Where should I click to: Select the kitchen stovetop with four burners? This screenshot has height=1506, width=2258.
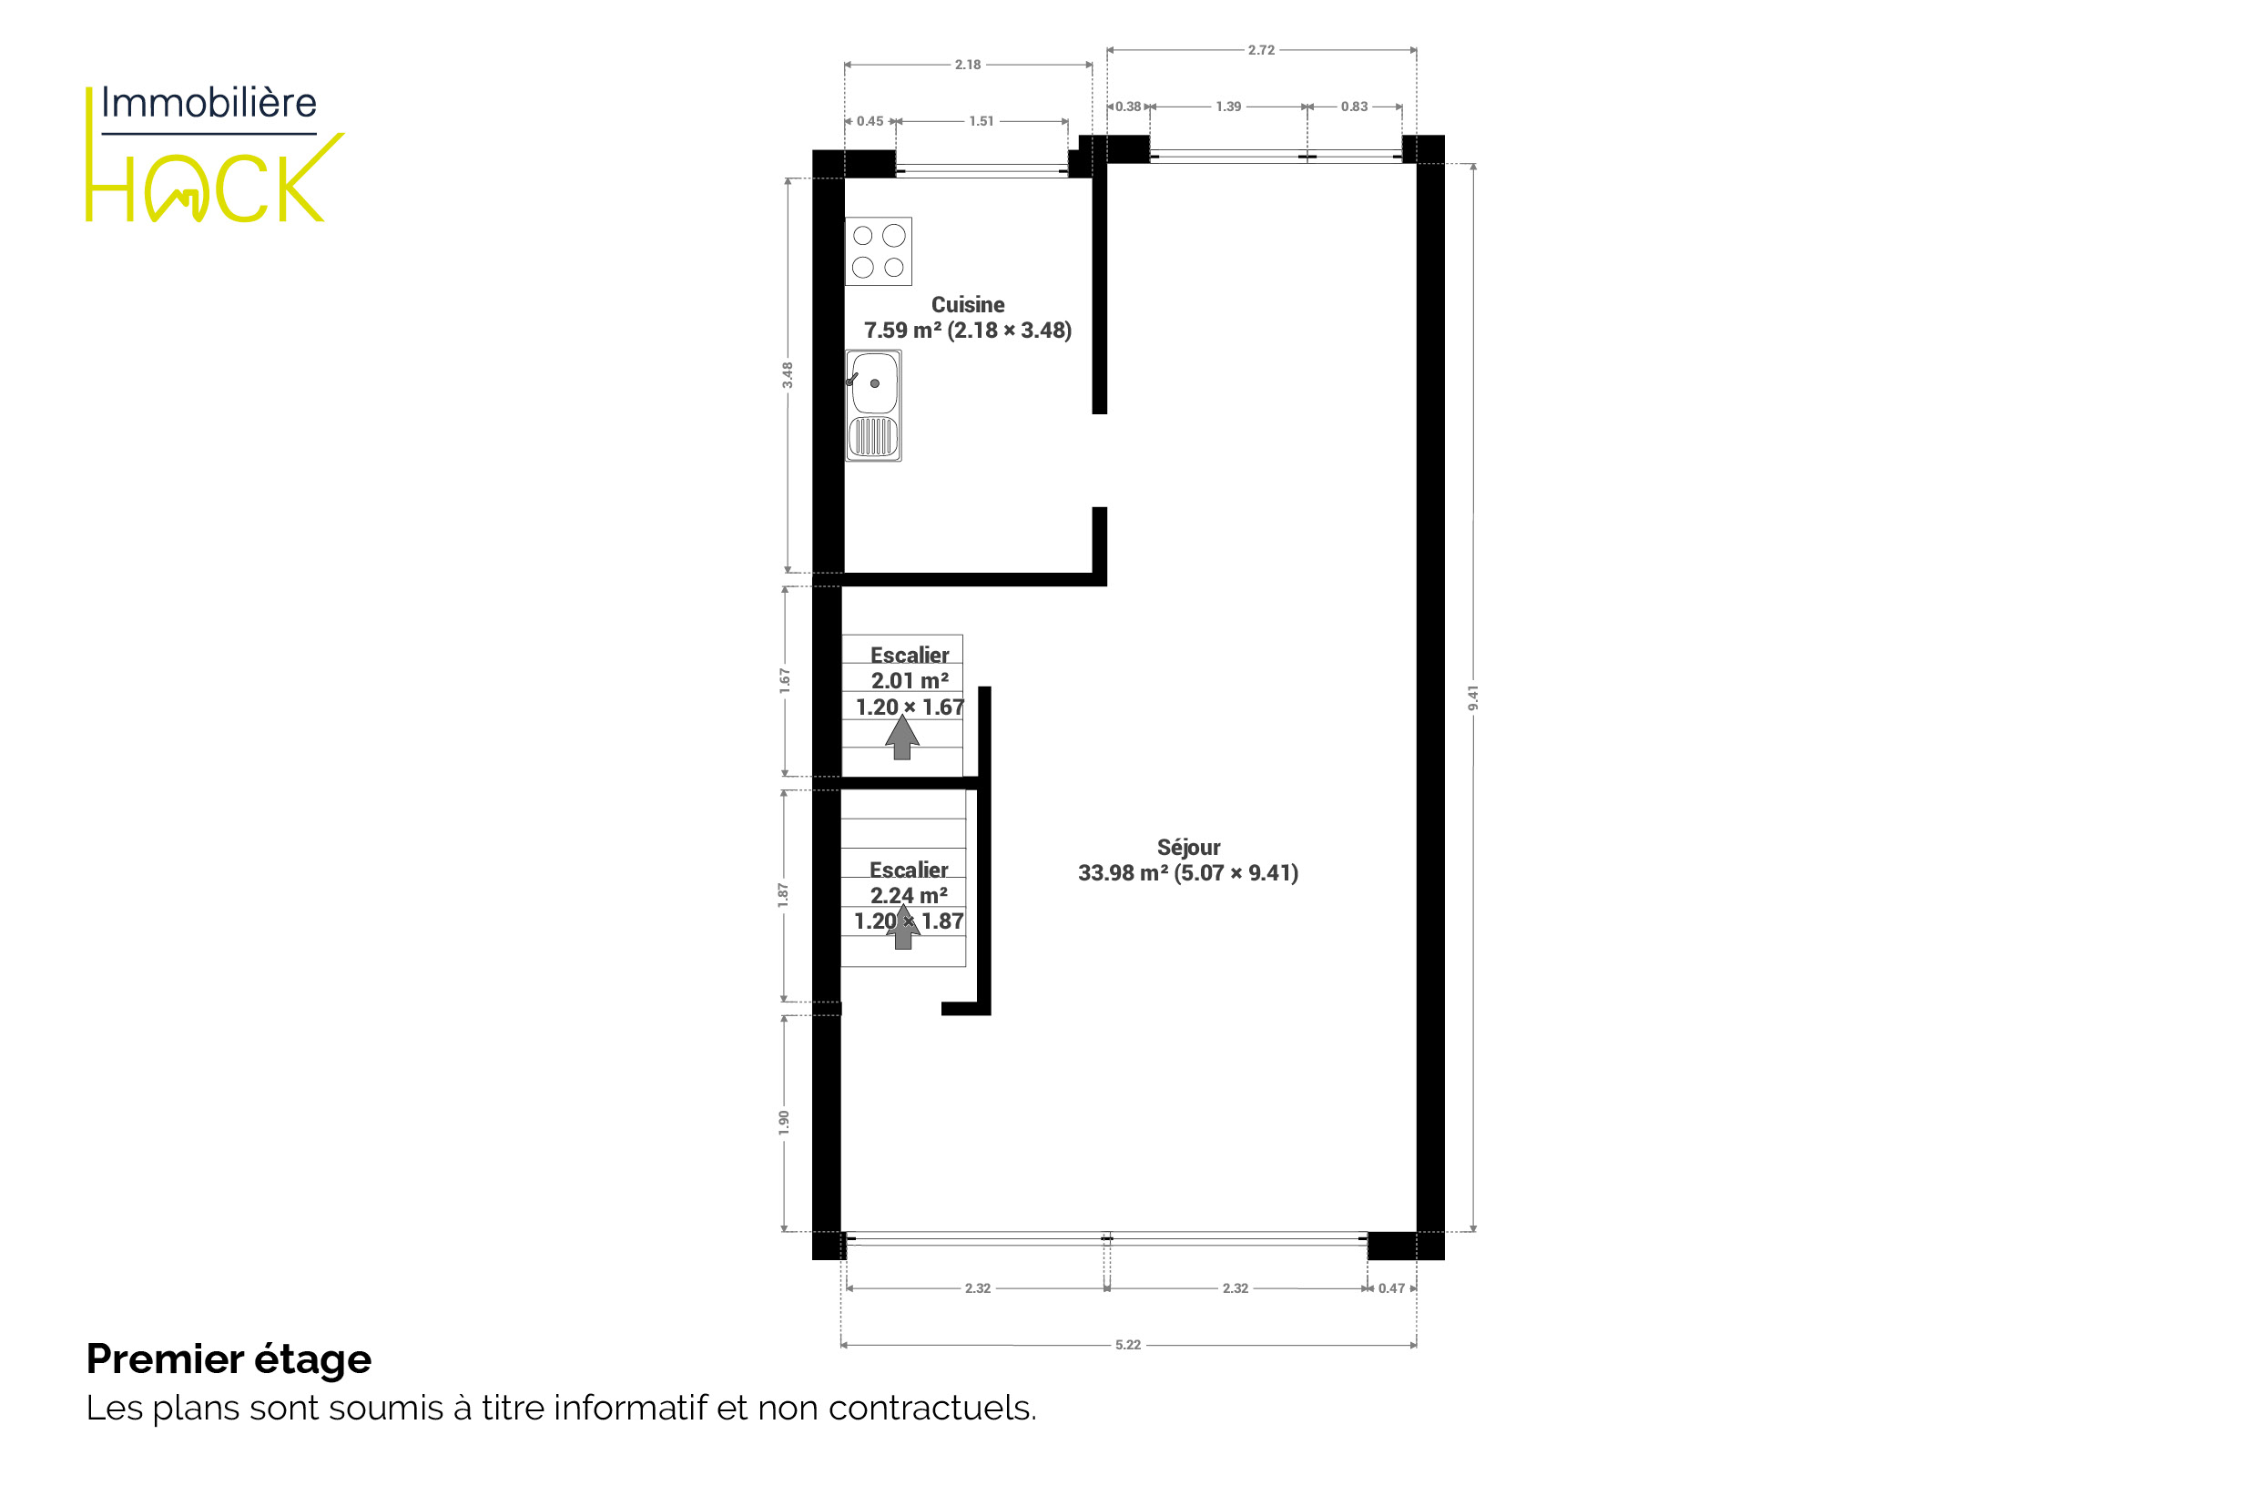(878, 251)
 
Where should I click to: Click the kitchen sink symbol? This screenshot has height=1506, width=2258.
(873, 405)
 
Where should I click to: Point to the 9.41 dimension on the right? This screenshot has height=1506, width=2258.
(1473, 698)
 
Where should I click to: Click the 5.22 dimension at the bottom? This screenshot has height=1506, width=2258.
(1127, 1345)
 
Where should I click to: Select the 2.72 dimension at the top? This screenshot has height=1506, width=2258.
(1261, 50)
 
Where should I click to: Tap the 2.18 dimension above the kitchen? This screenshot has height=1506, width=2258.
(967, 65)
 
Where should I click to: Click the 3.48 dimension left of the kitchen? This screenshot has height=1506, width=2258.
(788, 374)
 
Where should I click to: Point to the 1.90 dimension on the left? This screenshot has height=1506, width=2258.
(784, 1123)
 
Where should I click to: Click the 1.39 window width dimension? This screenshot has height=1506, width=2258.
(1228, 107)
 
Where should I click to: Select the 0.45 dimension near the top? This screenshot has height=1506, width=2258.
(870, 121)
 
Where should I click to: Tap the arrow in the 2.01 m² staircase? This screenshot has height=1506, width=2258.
(902, 738)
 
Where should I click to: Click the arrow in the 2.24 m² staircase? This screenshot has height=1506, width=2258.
(903, 927)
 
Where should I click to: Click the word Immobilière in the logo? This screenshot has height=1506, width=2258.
(209, 103)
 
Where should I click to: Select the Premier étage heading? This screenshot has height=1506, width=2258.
(229, 1359)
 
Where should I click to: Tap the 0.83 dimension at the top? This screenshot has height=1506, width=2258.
(1354, 107)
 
